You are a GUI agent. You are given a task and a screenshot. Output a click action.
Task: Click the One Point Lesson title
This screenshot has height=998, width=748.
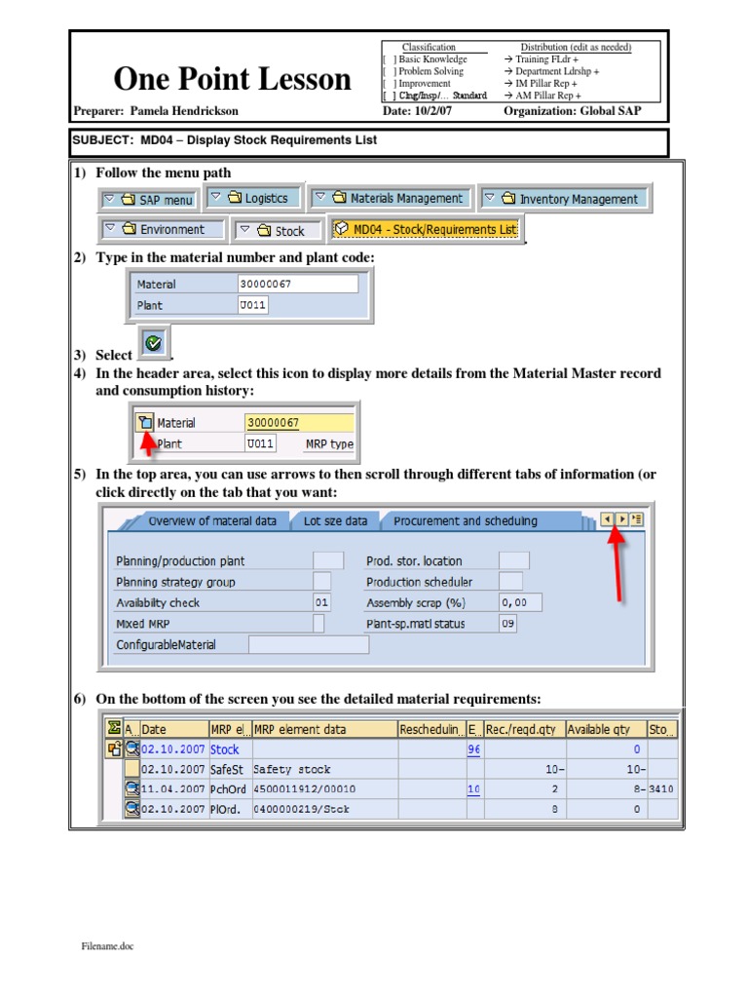click(232, 78)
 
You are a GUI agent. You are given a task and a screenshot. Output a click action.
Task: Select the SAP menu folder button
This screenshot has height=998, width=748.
click(148, 200)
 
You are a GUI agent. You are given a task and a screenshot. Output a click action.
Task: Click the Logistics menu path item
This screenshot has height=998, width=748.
click(255, 198)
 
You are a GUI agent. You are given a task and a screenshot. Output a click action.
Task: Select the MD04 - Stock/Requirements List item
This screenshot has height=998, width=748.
click(426, 229)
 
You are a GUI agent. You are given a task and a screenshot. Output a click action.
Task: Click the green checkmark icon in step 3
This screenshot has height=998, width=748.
click(154, 343)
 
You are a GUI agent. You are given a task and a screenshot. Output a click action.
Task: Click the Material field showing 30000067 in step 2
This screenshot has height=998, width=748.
click(297, 284)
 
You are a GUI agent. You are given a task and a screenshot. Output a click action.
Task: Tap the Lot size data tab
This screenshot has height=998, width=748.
click(335, 520)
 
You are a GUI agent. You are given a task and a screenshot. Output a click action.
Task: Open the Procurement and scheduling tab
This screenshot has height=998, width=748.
click(465, 520)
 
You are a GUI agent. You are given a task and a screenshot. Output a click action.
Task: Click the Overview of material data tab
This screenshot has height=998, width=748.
click(211, 520)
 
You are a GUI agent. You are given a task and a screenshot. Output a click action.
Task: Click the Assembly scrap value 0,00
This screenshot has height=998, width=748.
click(520, 603)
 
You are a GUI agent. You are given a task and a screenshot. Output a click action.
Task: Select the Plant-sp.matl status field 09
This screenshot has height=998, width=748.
click(507, 624)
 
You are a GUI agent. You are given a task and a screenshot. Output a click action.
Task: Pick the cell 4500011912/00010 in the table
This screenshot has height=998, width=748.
click(304, 788)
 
